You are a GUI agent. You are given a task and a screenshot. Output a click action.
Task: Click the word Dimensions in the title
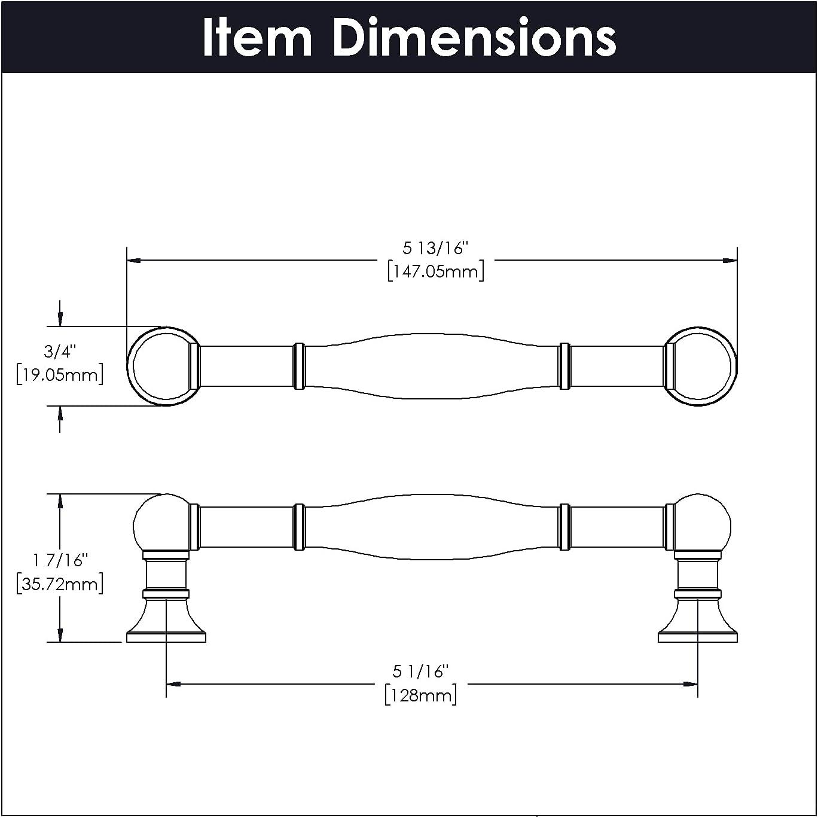click(474, 38)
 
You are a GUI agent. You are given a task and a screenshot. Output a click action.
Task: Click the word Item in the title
click(257, 38)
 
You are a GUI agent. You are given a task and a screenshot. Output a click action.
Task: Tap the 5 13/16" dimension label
click(435, 248)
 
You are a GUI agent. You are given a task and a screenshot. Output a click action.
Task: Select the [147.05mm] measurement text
click(435, 271)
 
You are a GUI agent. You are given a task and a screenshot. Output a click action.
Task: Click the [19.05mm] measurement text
click(60, 375)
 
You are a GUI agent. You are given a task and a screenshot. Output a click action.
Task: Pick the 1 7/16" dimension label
click(60, 560)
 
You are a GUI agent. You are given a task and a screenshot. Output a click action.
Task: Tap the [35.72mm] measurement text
click(60, 584)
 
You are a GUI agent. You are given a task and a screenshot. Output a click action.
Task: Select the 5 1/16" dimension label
click(420, 672)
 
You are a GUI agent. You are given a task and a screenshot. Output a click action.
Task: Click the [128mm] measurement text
click(420, 695)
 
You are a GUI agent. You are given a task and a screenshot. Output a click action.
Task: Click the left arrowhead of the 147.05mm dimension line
click(133, 261)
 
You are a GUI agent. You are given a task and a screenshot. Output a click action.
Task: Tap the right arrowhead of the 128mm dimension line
click(691, 683)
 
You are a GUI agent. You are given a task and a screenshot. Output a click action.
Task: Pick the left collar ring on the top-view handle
click(299, 367)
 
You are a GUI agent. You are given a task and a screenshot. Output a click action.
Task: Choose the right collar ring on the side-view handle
click(564, 527)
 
